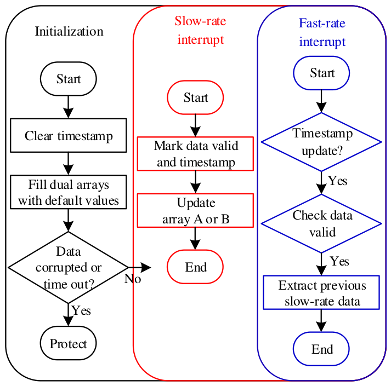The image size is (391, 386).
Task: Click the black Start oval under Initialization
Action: click(69, 79)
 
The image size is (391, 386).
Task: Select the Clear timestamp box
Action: click(69, 135)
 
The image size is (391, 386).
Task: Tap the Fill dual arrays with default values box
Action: click(69, 192)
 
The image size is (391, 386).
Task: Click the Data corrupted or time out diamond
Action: click(69, 267)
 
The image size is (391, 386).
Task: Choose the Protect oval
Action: click(69, 343)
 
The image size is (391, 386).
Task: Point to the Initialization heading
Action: click(69, 32)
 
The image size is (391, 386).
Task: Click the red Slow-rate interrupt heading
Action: click(201, 30)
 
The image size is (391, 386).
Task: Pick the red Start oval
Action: click(195, 97)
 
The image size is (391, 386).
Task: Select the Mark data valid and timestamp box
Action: click(195, 154)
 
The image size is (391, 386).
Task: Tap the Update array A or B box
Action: click(195, 210)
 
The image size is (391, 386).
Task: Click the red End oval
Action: click(195, 267)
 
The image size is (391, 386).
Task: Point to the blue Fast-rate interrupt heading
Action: click(322, 32)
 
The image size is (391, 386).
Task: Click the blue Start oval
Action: click(321, 73)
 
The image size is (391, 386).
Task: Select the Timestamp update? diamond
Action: click(321, 142)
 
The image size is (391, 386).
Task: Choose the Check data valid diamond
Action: click(321, 223)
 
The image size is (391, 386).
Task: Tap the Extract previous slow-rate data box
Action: click(321, 292)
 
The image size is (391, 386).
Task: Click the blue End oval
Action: click(321, 349)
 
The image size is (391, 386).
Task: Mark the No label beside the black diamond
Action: click(133, 279)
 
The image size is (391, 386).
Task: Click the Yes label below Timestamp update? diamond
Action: click(338, 181)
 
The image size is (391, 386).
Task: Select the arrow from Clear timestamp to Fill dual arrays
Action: click(69, 164)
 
